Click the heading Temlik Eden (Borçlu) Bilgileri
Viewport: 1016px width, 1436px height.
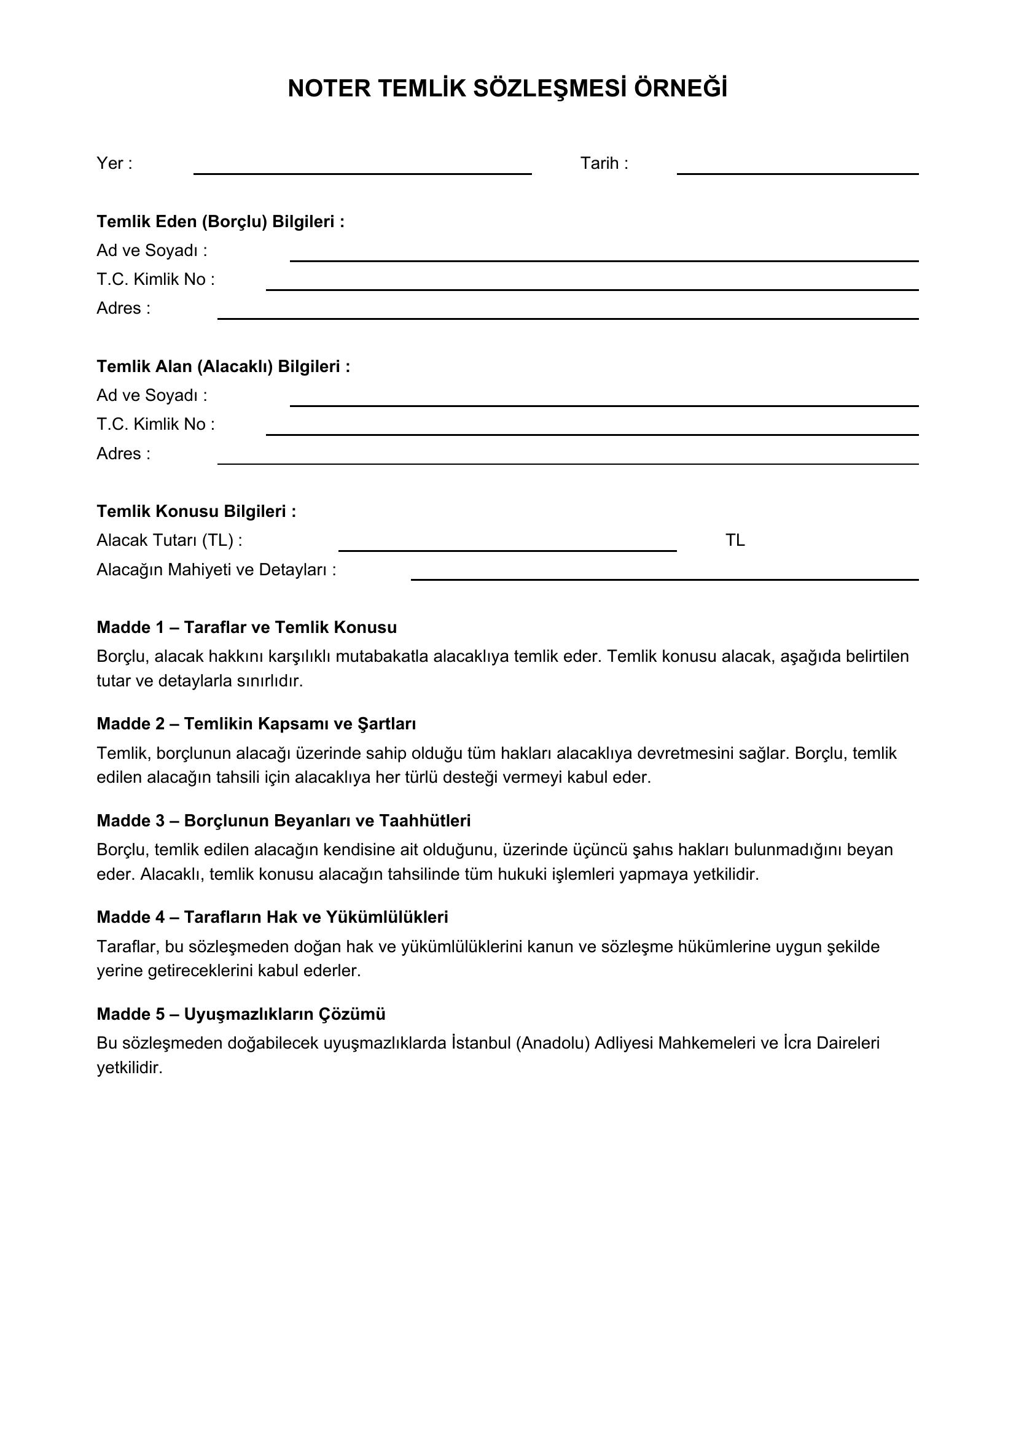(221, 222)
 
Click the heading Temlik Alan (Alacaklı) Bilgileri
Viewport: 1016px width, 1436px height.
(224, 367)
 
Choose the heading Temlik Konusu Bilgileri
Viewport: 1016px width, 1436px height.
(197, 511)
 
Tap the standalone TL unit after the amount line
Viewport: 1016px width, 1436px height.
(735, 540)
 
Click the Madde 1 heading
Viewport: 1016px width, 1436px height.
(246, 627)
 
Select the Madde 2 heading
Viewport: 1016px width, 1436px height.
(256, 724)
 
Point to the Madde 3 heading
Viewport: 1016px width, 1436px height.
(283, 821)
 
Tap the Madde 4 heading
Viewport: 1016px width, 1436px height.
(272, 917)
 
